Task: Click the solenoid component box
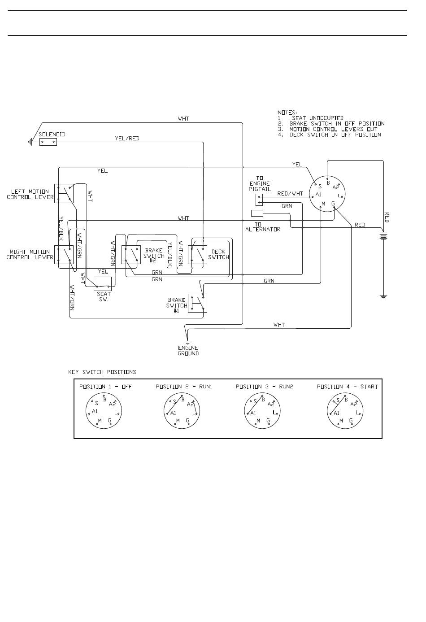[x=48, y=142]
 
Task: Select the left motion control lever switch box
[x=64, y=193]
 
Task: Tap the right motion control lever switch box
[x=64, y=255]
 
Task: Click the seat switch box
[x=103, y=284]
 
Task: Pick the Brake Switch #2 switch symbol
[x=131, y=255]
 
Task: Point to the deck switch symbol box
[x=197, y=255]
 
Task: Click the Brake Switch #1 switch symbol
[x=197, y=303]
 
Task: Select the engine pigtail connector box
[x=259, y=200]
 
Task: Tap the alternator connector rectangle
[x=257, y=213]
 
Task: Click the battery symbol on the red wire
[x=383, y=235]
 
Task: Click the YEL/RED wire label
[x=127, y=138]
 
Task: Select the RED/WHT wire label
[x=290, y=194]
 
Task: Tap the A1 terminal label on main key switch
[x=318, y=194]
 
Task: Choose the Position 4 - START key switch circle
[x=345, y=411]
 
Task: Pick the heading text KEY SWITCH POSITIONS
[x=102, y=372]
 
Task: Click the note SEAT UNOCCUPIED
[x=317, y=118]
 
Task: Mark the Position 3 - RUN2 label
[x=265, y=387]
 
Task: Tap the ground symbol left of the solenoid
[x=30, y=142]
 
